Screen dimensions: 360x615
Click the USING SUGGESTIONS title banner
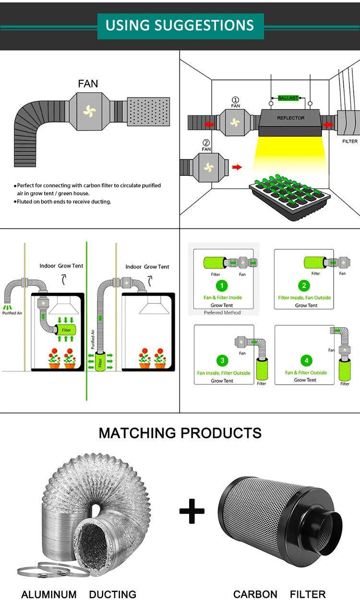(x=180, y=26)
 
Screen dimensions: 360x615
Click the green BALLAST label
(x=288, y=98)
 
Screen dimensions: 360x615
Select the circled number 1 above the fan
(x=235, y=100)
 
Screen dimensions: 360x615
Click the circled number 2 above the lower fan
(x=206, y=143)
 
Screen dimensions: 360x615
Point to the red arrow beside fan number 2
(x=237, y=167)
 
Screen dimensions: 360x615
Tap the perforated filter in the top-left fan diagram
(x=148, y=111)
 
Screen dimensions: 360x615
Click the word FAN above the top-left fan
(x=88, y=84)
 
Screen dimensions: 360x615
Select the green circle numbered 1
(x=222, y=286)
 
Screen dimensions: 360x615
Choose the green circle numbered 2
(x=304, y=286)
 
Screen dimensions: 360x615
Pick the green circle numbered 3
(x=222, y=361)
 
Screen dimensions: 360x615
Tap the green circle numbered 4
(x=306, y=361)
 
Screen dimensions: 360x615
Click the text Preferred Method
(x=222, y=313)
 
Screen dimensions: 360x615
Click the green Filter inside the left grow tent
(x=66, y=330)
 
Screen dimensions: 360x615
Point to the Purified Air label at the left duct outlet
(x=12, y=313)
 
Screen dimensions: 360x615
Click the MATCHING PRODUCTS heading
(x=180, y=433)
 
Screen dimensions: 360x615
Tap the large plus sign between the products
(x=192, y=511)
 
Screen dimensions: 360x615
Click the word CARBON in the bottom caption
(x=255, y=594)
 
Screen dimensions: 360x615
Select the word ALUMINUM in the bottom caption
(x=49, y=594)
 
